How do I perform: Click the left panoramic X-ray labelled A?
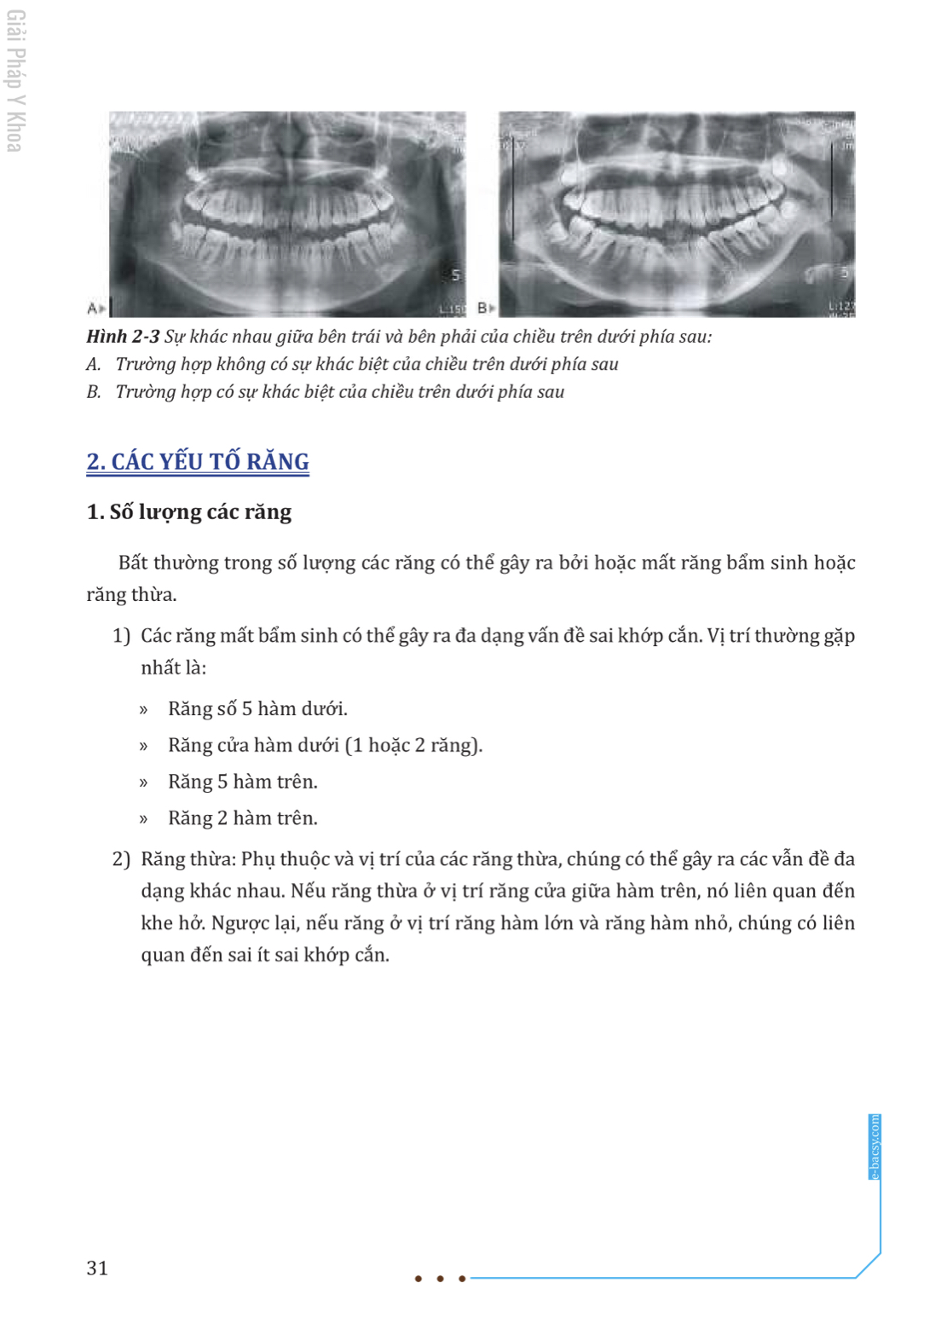(287, 213)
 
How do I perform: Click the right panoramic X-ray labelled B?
(677, 213)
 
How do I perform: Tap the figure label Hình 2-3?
(123, 337)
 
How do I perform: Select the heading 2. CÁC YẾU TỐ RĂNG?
(198, 461)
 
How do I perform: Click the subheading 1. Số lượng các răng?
(189, 511)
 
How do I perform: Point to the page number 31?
(97, 1268)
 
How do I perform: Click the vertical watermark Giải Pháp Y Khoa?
(15, 81)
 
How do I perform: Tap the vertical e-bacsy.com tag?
(874, 1147)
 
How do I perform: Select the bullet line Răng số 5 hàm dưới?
(257, 708)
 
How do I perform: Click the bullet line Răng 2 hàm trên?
(242, 818)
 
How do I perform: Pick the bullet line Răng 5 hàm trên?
(242, 782)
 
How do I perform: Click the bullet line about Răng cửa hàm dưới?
(325, 745)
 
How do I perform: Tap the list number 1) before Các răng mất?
(121, 636)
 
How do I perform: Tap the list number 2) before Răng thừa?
(121, 859)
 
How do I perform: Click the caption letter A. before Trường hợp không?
(94, 365)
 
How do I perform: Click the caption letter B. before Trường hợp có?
(94, 392)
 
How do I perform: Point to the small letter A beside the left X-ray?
(93, 308)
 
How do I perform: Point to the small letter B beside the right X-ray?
(483, 307)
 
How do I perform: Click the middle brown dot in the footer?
(440, 1279)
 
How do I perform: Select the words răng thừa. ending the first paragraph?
(131, 595)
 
